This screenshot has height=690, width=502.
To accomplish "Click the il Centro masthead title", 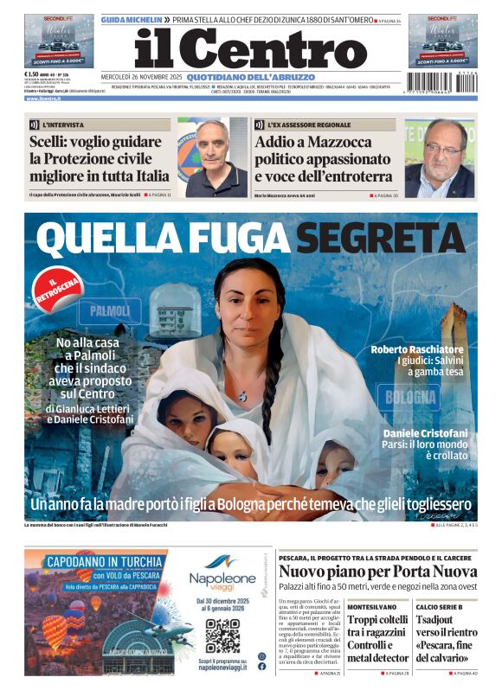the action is tap(251, 48).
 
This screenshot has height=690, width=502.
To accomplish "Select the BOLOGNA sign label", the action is tap(411, 397).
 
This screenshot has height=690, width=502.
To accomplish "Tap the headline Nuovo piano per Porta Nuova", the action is tap(377, 572).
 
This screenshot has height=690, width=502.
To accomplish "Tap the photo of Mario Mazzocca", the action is tap(441, 158).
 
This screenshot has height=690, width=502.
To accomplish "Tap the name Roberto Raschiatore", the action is tap(417, 349).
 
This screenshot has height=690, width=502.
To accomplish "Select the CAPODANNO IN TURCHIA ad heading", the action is tap(94, 560).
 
